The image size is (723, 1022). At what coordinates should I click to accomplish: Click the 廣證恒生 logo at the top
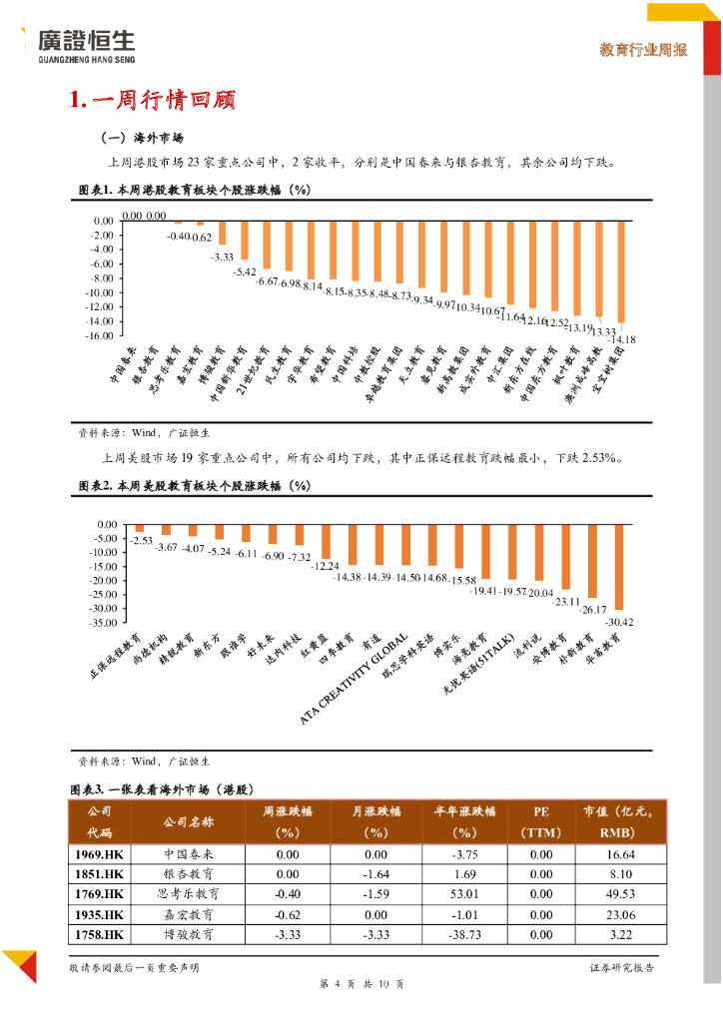pos(84,45)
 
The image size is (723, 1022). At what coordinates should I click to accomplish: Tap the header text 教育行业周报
pos(643,50)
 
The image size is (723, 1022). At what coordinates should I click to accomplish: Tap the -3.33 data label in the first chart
pos(222,257)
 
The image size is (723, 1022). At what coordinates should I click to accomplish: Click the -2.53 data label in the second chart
pos(141,540)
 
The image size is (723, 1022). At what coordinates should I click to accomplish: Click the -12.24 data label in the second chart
pos(327,566)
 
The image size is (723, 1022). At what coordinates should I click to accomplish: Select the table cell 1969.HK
pos(100,855)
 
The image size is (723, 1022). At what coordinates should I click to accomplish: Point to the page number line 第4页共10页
pos(361,986)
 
